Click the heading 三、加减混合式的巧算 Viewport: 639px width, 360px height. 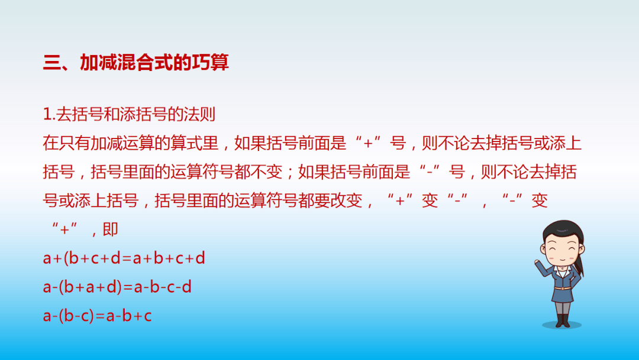coord(135,63)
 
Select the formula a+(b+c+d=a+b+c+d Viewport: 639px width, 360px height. coord(124,258)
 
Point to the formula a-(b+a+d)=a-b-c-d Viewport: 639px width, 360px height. coord(117,287)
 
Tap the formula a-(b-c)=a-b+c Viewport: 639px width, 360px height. coord(98,316)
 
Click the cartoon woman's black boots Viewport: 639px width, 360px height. coord(562,320)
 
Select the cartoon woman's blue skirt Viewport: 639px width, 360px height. coord(561,293)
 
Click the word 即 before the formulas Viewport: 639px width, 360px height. coord(111,229)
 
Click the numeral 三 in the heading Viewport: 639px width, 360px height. coord(53,63)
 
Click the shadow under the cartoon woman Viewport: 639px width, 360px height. coord(562,325)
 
